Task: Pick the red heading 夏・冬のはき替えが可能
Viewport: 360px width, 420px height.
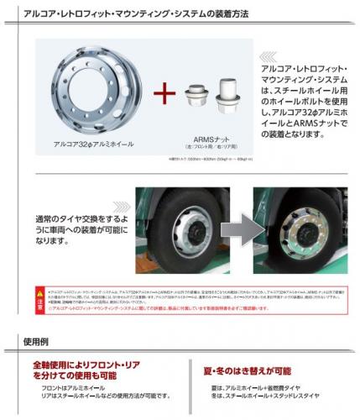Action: coord(248,370)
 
